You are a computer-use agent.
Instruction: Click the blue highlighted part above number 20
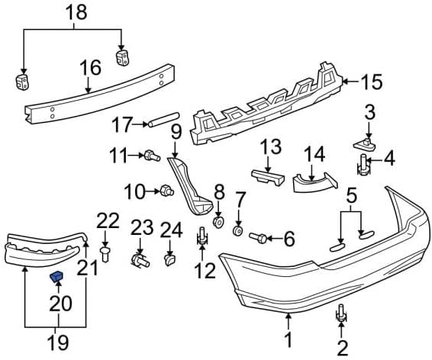point(56,276)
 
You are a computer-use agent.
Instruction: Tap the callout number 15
point(372,82)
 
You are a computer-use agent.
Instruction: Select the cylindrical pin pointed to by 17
point(164,120)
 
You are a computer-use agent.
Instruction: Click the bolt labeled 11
point(152,156)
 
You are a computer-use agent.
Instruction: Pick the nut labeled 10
point(166,191)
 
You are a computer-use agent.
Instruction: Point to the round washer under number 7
point(238,230)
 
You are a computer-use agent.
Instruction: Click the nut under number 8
point(218,222)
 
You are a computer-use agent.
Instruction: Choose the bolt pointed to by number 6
point(258,237)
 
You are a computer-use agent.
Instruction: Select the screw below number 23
point(140,261)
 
